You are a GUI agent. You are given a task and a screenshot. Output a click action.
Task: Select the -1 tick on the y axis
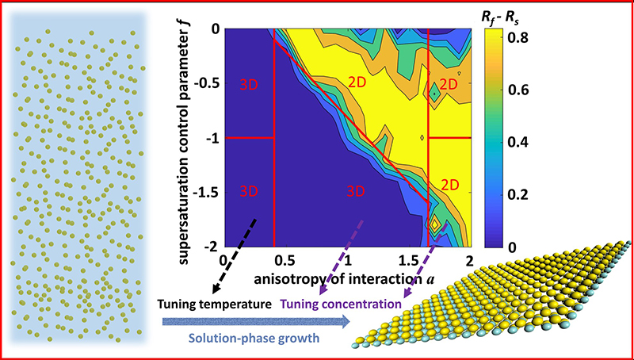211,138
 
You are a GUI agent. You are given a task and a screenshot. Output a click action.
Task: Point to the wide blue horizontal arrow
254,322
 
